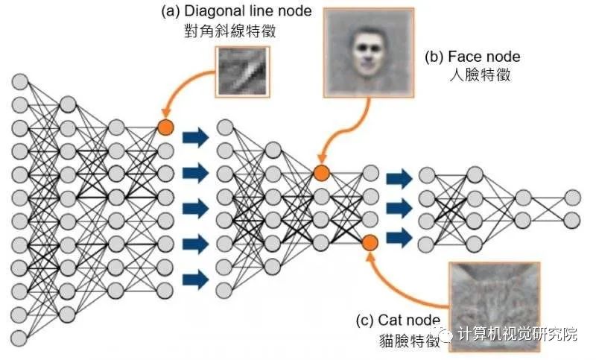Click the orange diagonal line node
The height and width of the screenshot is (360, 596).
165,127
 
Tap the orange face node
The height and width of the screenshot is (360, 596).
321,173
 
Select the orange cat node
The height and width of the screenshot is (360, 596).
370,242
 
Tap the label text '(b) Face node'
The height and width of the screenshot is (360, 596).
472,57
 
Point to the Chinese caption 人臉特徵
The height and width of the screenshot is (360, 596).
473,75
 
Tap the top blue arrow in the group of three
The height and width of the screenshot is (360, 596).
399,177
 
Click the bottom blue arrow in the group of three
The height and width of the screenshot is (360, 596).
399,237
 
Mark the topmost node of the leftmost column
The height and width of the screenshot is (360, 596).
20,80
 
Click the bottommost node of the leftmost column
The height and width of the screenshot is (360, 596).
20,338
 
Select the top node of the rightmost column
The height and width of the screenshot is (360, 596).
572,197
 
